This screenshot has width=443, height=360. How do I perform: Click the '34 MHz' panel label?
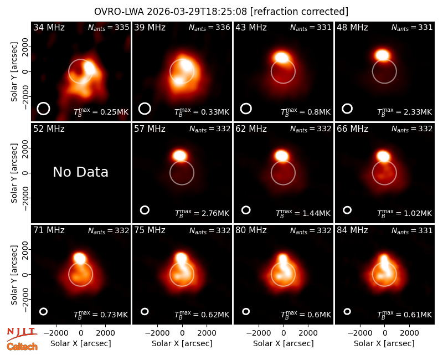coord(49,27)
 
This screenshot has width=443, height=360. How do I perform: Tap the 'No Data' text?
coord(80,172)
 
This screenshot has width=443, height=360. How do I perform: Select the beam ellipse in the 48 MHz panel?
coord(347,109)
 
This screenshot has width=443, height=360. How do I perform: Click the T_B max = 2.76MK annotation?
coord(202,213)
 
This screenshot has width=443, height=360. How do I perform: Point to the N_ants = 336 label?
coord(209,27)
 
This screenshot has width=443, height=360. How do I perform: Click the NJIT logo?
coord(22,334)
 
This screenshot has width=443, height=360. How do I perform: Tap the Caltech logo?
coord(22,347)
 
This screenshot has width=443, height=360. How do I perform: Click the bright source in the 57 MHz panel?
coord(179,156)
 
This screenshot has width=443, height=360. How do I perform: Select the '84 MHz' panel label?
coord(352,230)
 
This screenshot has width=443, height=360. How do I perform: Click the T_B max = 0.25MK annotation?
coord(101,112)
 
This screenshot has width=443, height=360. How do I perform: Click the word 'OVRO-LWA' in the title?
coord(119,12)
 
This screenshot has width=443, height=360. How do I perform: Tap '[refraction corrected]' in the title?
coord(299,12)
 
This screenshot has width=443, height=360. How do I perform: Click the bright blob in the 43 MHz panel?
coord(281,58)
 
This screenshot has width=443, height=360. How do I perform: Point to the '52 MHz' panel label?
coord(49,129)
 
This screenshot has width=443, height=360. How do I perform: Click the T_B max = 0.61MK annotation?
coord(405,315)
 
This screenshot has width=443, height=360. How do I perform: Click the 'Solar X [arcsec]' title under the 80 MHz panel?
coord(284,343)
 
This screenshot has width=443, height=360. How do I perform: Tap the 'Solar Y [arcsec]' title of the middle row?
coord(14,173)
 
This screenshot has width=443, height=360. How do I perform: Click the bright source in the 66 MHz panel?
coord(383,156)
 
